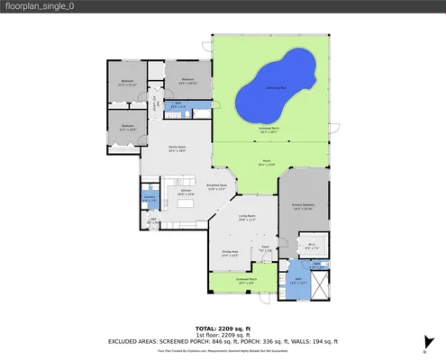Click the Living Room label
point(248,217)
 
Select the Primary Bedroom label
point(303,206)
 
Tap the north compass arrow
point(424,340)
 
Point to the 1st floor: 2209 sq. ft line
point(223,336)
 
